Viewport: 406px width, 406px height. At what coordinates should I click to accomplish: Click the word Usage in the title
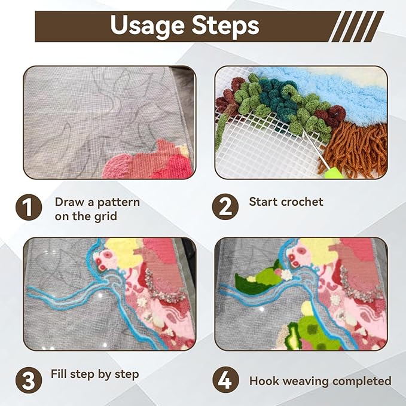click(147, 26)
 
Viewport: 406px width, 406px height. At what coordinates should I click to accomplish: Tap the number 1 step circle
click(29, 207)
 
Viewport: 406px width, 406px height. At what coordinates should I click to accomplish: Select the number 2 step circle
click(225, 207)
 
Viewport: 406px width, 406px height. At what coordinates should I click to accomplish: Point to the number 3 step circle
click(29, 380)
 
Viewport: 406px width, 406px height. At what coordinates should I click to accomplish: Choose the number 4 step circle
click(225, 380)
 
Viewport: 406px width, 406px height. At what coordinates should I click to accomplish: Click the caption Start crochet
click(286, 202)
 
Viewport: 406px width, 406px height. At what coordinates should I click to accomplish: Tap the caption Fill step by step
click(94, 374)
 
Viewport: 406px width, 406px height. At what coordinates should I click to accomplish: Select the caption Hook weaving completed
click(320, 381)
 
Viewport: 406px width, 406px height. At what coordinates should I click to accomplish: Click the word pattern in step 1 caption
click(118, 203)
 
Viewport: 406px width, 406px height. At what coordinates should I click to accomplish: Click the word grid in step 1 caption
click(105, 216)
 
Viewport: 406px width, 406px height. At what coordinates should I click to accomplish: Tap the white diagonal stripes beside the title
click(356, 26)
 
